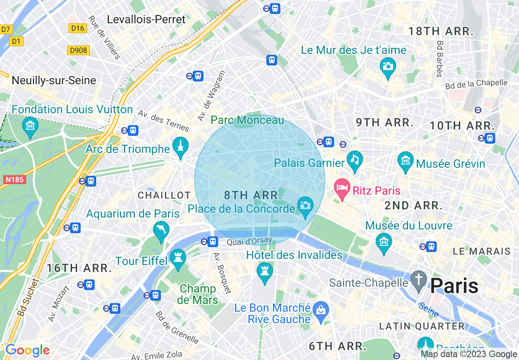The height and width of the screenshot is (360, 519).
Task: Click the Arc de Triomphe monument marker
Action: click(180, 145)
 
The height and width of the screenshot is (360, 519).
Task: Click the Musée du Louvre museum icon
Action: click(384, 241)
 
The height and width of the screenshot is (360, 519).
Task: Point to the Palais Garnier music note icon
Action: click(354, 159)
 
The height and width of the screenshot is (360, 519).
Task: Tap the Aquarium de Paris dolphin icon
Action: click(161, 230)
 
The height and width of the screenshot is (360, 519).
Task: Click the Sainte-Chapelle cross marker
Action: click(419, 279)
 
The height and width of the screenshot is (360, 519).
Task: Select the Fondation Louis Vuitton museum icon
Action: click(30, 125)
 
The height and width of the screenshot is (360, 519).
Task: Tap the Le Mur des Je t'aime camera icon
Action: click(388, 65)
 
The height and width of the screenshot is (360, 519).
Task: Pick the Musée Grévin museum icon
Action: click(406, 160)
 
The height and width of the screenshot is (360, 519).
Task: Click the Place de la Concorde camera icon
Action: click(305, 205)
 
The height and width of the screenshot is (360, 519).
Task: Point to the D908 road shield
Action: click(78, 50)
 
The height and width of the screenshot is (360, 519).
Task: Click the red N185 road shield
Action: click(14, 179)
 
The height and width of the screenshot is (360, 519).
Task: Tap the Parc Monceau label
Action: click(247, 120)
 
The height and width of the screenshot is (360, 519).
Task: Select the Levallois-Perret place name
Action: click(146, 19)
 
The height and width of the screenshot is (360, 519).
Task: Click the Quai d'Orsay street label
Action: click(244, 242)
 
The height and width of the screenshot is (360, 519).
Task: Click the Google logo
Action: click(27, 350)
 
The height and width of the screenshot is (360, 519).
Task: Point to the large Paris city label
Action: click(454, 286)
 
